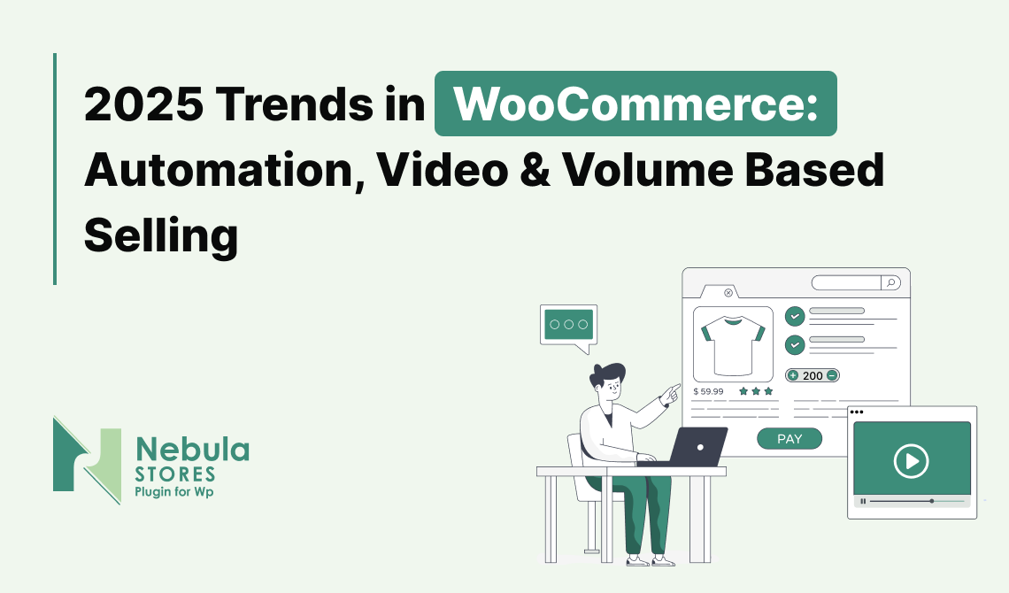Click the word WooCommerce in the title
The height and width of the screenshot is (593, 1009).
pos(635,104)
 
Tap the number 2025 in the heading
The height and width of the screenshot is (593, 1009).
pos(143,104)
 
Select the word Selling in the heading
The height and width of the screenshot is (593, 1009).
pos(161,236)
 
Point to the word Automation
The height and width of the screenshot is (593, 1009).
pos(224,171)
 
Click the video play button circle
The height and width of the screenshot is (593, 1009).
pos(911,461)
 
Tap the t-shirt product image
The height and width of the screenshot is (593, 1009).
pos(733,345)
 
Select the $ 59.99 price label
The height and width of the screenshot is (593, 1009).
pos(708,391)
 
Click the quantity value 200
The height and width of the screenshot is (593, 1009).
pos(813,375)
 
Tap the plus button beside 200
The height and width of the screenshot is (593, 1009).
pos(793,375)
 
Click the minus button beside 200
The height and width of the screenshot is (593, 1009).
pos(832,375)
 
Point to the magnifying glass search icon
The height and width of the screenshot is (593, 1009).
pos(891,282)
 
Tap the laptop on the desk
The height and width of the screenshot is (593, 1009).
pos(693,447)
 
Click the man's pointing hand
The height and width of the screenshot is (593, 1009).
pos(671,392)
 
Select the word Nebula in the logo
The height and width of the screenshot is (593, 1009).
pos(192,449)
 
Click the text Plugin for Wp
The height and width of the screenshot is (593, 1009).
pos(173,492)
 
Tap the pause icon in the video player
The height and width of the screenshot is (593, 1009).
pos(863,501)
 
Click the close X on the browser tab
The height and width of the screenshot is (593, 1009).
pos(728,293)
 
